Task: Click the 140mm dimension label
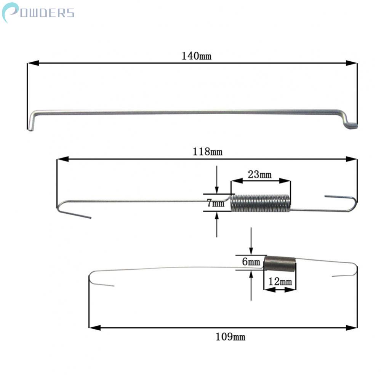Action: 197,56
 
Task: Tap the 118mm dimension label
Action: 208,152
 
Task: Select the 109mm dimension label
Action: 231,337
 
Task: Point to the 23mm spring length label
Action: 259,174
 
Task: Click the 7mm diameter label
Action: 216,203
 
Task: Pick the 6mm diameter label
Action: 251,262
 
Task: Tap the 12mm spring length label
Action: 280,282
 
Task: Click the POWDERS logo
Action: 38,13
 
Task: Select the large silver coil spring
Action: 260,203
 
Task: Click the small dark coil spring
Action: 280,263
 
